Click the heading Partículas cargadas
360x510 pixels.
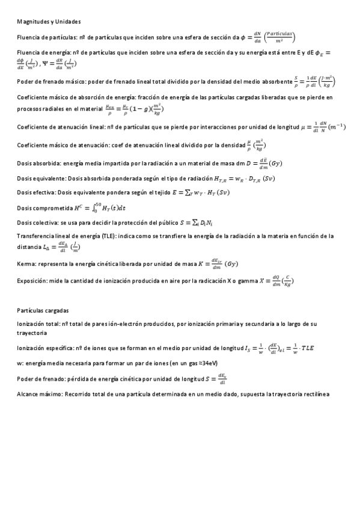pyautogui.click(x=43, y=310)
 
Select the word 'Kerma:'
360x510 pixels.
pyautogui.click(x=27, y=264)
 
